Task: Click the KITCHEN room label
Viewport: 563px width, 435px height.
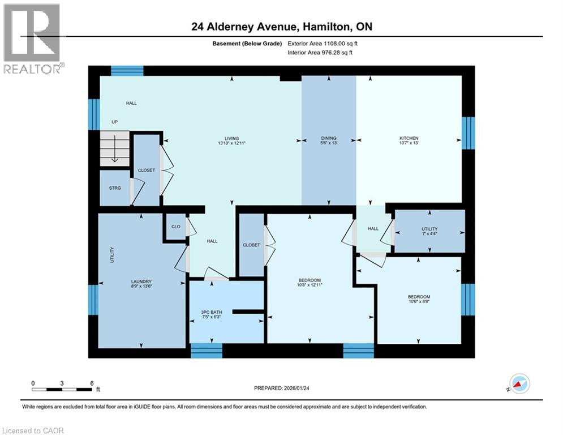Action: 409,138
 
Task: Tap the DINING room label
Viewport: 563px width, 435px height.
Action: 329,138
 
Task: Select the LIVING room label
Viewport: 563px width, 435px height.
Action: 231,138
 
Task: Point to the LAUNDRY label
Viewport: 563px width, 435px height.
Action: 141,282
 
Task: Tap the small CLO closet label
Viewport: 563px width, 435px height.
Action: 176,227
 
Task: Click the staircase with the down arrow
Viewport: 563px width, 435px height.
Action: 115,149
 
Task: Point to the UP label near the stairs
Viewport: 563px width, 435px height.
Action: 114,122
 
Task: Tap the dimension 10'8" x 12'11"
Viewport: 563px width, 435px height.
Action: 310,285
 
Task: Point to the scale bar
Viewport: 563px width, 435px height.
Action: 62,389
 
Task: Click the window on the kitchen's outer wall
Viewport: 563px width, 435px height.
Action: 467,133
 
